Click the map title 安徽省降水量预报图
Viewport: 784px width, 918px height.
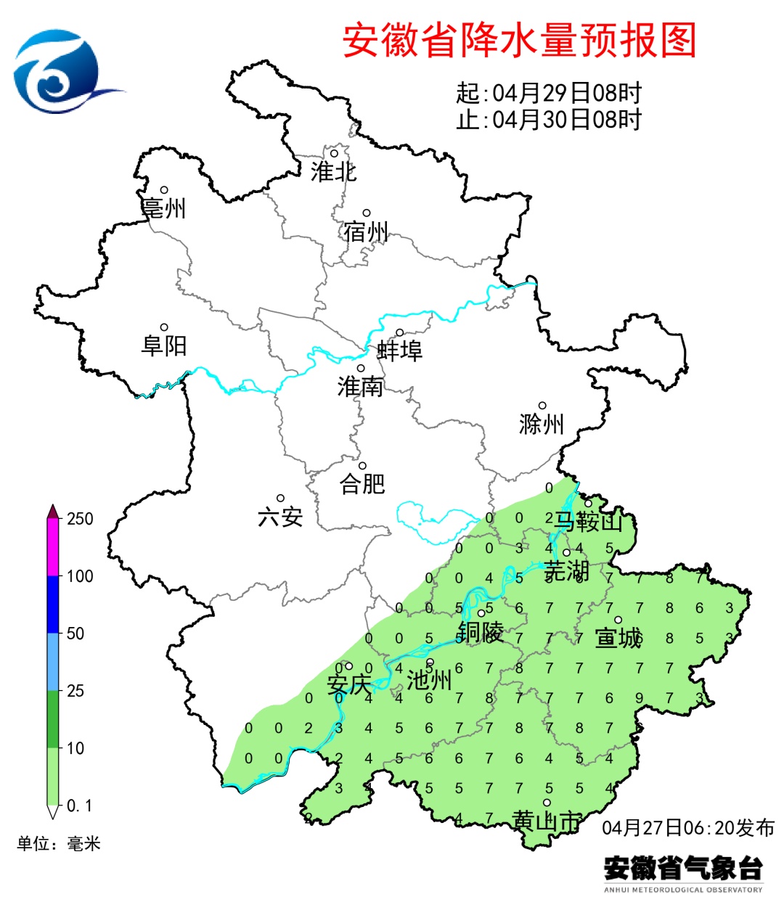pos(519,40)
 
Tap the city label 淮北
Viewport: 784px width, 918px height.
pos(333,172)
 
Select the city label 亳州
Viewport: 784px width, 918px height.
pos(164,208)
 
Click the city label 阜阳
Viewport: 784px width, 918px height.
pos(164,345)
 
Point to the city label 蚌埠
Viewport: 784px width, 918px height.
pos(399,351)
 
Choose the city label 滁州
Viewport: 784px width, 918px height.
pos(542,424)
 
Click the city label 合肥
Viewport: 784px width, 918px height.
pos(362,483)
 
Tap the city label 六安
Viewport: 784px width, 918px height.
pos(280,517)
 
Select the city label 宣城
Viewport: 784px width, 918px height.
pos(618,638)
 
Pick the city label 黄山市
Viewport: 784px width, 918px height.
pos(547,821)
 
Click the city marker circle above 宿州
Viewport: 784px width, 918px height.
pos(367,213)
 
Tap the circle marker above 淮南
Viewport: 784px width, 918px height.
pos(360,369)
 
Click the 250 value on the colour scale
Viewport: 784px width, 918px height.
pos(80,519)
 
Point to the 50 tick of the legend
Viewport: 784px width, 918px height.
pos(75,634)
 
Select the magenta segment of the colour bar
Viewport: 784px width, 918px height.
pos(53,548)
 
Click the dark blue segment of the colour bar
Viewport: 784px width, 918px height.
pos(53,605)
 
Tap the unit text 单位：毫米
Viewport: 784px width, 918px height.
pos(59,843)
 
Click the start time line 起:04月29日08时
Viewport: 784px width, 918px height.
pos(549,93)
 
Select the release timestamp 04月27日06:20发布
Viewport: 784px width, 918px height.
pos(687,827)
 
